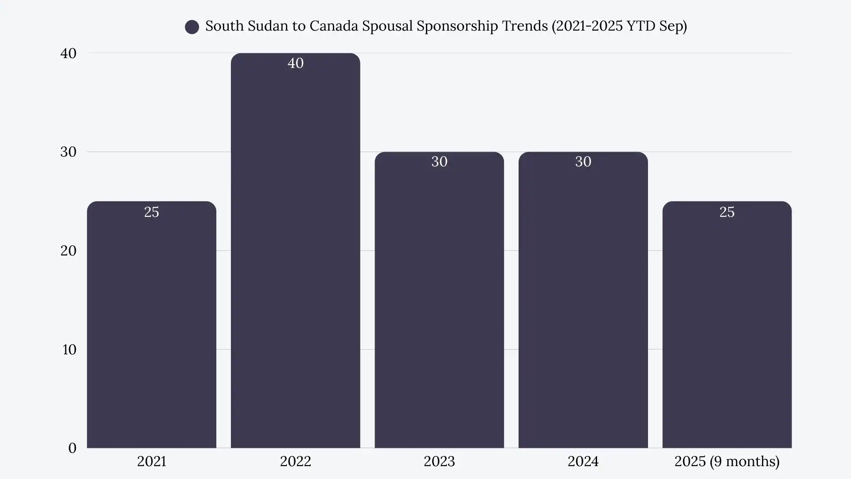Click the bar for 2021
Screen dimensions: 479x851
click(152, 328)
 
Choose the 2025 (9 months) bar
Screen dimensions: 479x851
click(727, 328)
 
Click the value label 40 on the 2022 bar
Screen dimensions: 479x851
click(296, 63)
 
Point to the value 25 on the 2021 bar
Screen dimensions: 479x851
click(152, 212)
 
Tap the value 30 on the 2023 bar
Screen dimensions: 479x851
click(439, 161)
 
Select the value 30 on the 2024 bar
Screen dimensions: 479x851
click(583, 161)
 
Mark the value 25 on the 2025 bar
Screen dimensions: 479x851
click(727, 212)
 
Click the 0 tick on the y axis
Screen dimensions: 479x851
click(72, 448)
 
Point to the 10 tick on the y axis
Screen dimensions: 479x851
click(69, 349)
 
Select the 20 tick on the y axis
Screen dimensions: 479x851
click(68, 251)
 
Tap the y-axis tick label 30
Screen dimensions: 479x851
click(68, 152)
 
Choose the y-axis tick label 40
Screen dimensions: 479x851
click(68, 53)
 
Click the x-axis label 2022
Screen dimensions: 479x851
click(296, 461)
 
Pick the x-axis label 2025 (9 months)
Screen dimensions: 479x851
click(727, 461)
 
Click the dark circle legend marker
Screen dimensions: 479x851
click(192, 27)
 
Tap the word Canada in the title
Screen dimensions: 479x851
click(333, 26)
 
